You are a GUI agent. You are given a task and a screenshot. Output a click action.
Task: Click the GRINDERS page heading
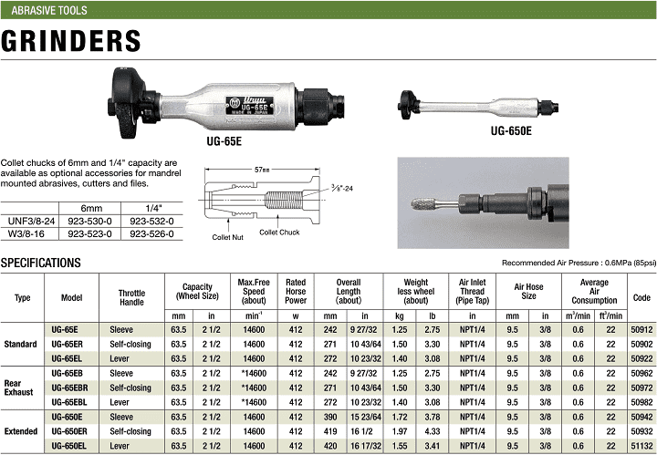pos(71,41)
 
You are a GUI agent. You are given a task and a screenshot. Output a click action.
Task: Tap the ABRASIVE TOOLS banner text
pos(49,10)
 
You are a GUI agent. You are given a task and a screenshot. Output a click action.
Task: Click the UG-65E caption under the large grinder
pos(224,141)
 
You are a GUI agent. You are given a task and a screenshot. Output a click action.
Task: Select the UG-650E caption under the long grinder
pos(511,131)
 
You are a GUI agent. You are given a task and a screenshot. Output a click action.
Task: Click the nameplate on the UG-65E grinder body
pos(250,107)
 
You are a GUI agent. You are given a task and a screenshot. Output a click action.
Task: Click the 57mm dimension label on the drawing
pos(262,170)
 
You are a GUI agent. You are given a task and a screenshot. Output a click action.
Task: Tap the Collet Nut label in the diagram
pos(227,237)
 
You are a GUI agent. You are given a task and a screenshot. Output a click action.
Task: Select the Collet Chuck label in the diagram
pos(279,233)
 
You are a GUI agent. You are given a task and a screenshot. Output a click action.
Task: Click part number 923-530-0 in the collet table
pos(89,221)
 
